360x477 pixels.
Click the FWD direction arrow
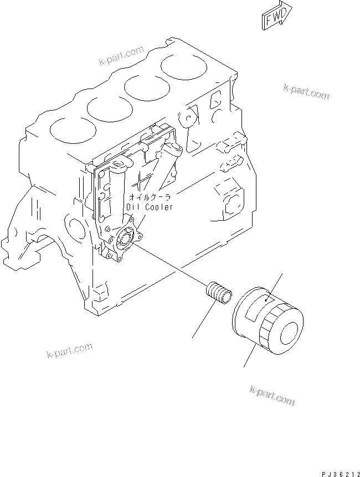point(276,18)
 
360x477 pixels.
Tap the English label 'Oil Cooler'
point(150,206)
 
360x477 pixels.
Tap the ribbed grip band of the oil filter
point(271,333)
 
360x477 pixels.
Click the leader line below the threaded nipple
point(203,320)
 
